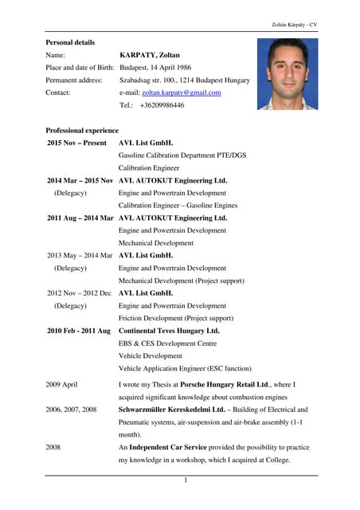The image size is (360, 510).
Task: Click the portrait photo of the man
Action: (288, 74)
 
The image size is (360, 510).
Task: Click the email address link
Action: (182, 92)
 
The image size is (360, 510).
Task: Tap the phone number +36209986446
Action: (162, 105)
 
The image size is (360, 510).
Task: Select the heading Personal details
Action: (70, 41)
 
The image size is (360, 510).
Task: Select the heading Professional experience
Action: (82, 130)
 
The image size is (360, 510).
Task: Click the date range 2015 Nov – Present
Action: (77, 143)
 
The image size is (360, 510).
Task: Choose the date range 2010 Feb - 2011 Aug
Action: (79, 330)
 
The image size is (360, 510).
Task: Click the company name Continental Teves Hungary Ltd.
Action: (169, 330)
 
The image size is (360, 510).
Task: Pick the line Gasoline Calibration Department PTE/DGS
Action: (182, 155)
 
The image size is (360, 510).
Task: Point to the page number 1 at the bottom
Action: (185, 481)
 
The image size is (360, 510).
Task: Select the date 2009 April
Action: (62, 384)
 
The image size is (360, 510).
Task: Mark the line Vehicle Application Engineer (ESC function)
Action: (185, 368)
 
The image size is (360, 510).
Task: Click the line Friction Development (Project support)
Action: (175, 318)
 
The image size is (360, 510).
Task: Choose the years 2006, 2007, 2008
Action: (72, 409)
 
